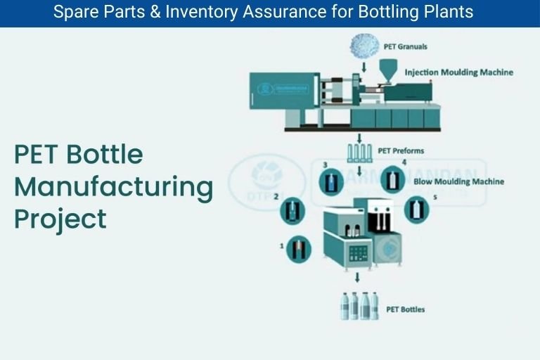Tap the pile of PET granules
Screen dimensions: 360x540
(364, 46)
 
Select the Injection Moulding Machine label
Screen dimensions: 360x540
(458, 72)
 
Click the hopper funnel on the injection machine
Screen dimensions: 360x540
(386, 69)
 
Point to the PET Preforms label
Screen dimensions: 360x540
(401, 150)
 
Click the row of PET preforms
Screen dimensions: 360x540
(359, 153)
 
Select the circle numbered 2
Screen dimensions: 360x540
(293, 210)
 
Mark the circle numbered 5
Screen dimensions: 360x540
(416, 209)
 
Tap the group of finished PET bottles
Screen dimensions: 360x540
(359, 306)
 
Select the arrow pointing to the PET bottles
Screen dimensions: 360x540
(358, 277)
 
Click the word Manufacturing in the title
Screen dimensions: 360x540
(113, 187)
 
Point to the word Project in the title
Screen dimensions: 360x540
(60, 219)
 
